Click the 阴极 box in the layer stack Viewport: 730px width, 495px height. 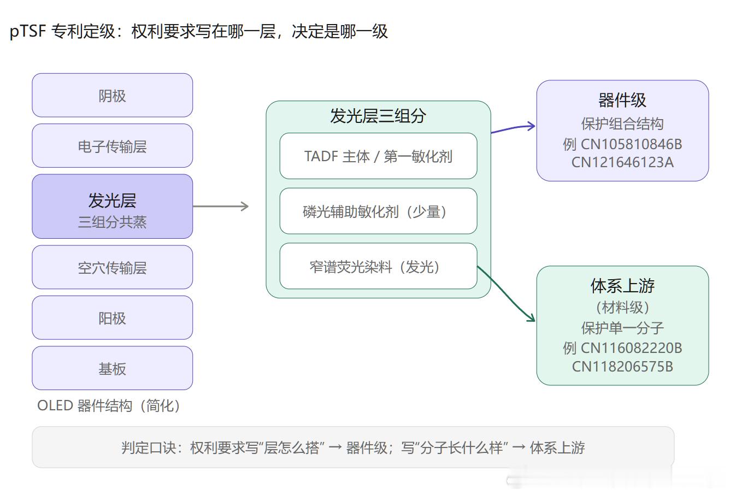(112, 95)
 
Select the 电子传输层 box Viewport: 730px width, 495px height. (112, 146)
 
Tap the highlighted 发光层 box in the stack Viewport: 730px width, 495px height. (112, 207)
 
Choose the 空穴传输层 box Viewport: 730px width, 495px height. (112, 267)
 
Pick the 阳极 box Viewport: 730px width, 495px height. (112, 318)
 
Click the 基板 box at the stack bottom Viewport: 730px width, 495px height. (112, 368)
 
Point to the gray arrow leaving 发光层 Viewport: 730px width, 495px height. (221, 207)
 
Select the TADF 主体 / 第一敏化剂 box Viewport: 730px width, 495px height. (378, 156)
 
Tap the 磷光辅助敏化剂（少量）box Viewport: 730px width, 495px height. (378, 211)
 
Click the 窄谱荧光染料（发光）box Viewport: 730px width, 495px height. (378, 266)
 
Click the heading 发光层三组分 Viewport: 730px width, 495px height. (378, 116)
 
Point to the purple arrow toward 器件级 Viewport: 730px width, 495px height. (513, 128)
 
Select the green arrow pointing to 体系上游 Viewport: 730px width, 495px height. (506, 294)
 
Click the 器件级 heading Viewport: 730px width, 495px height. (622, 100)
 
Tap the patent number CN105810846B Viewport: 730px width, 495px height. (632, 144)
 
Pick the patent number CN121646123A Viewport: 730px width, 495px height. (622, 162)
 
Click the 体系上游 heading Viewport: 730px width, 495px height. (622, 286)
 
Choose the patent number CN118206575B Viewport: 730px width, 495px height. (622, 367)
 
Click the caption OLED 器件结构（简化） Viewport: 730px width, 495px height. (109, 406)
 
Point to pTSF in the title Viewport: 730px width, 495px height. (28, 32)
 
